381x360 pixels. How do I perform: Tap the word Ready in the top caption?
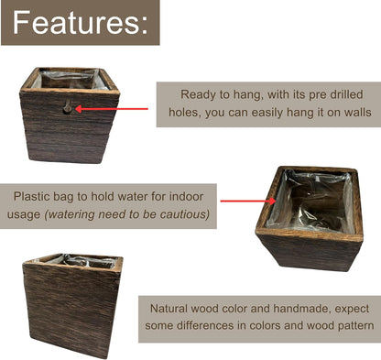tap(199, 94)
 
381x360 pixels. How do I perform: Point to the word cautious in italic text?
tap(182, 215)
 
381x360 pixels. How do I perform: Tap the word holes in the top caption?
tap(188, 115)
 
